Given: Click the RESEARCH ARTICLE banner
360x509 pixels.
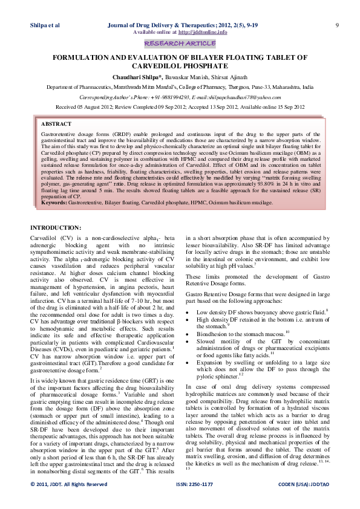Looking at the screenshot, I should [180, 44].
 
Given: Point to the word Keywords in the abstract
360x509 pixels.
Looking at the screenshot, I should [54, 203].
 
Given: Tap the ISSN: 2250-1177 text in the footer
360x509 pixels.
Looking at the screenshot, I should [193, 501].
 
